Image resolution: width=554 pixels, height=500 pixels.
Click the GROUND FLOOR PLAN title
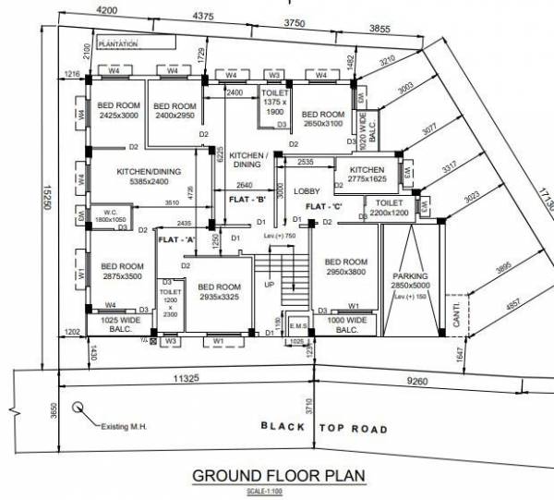coord(278,476)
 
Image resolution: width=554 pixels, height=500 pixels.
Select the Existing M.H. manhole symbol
coord(82,405)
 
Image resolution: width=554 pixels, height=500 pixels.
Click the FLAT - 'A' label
coord(179,239)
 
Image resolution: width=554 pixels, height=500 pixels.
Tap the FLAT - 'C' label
coord(326,205)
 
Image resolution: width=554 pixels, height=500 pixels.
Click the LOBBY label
coord(306,190)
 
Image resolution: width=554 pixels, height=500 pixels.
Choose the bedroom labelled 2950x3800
coord(346,268)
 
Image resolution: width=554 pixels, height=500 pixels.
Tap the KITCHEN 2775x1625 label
coord(366,175)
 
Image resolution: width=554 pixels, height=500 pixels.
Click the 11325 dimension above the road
coord(187,377)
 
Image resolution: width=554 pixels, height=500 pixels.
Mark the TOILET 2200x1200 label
coord(390,207)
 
